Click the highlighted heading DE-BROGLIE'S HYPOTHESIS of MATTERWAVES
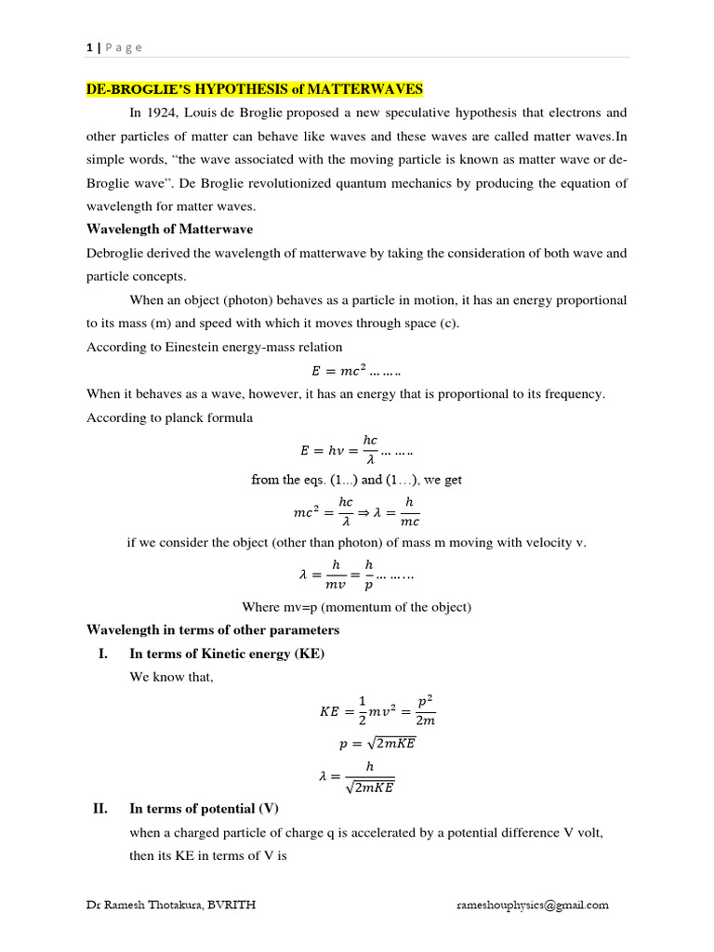(x=255, y=89)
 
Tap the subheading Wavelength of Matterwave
(x=169, y=229)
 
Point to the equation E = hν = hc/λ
(x=356, y=450)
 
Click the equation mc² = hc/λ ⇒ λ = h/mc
(x=356, y=509)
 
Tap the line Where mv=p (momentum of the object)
(x=357, y=607)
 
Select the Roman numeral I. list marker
(x=104, y=654)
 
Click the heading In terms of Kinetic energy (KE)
(x=227, y=654)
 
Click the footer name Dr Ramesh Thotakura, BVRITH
(x=166, y=904)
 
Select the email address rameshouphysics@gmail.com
(x=532, y=904)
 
